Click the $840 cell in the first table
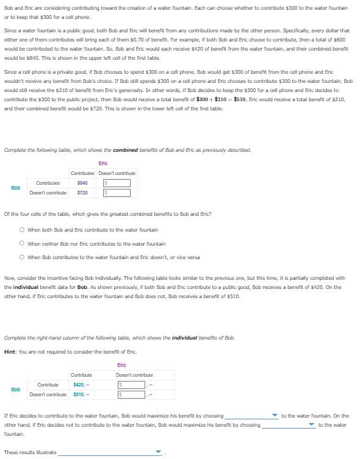pos(82,183)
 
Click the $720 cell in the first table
pos(82,193)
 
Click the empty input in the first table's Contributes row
pos(117,183)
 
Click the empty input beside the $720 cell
pos(117,193)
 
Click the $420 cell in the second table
pos(79,385)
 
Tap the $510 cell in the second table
pos(79,394)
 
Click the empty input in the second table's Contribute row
pos(131,385)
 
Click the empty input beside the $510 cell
pos(131,394)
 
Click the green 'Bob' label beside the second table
pos(16,389)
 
